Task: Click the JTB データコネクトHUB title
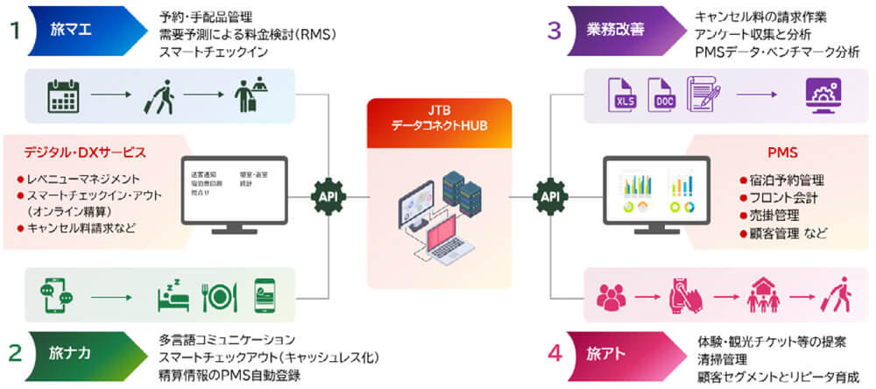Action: (438, 117)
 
